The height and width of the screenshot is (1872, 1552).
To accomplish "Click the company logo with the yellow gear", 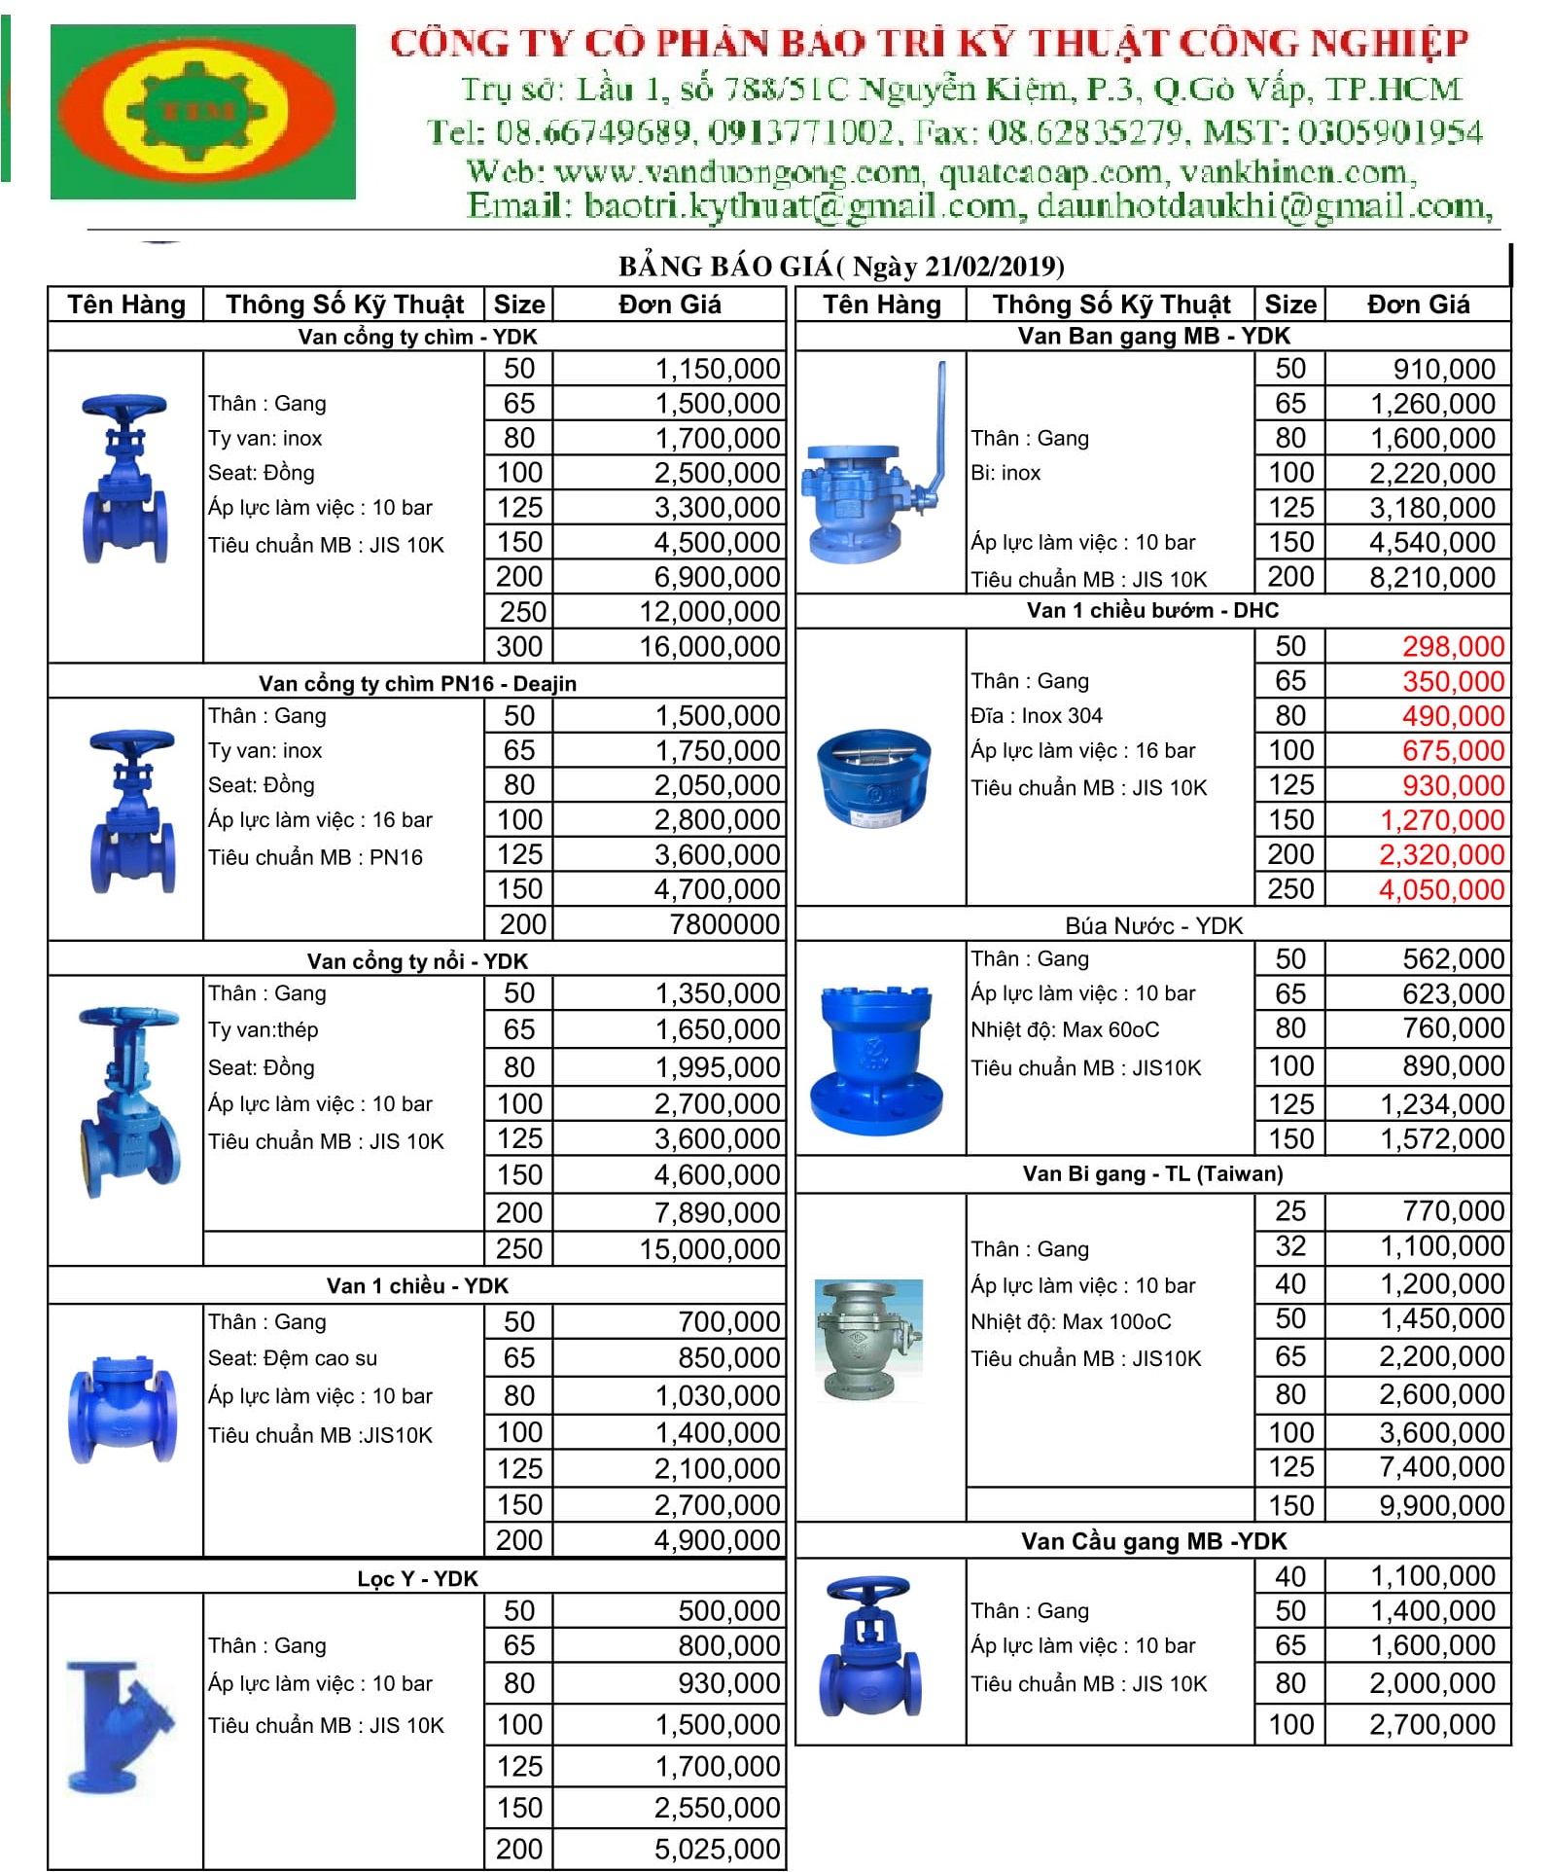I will pyautogui.click(x=202, y=111).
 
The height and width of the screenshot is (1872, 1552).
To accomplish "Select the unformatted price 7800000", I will pyautogui.click(x=724, y=924).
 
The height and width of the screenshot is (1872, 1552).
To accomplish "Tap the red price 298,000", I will pyautogui.click(x=1453, y=647).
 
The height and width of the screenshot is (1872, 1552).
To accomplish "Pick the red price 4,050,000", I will pyautogui.click(x=1441, y=889).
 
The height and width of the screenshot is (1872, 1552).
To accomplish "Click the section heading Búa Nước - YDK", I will pyautogui.click(x=1153, y=925).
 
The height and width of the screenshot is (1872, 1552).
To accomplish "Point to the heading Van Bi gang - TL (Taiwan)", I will pyautogui.click(x=1152, y=1173).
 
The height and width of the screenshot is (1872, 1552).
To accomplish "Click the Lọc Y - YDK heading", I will pyautogui.click(x=417, y=1578).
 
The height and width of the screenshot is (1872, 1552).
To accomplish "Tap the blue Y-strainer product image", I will pyautogui.click(x=119, y=1727).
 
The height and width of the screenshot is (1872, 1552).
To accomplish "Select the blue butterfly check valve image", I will pyautogui.click(x=872, y=779).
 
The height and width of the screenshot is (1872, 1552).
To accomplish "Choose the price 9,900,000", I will pyautogui.click(x=1441, y=1506).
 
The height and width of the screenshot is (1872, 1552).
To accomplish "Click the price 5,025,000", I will pyautogui.click(x=717, y=1849).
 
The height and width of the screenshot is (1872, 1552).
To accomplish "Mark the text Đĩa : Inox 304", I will pyautogui.click(x=1036, y=716).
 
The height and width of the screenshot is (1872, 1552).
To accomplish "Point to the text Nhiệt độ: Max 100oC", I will pyautogui.click(x=1071, y=1321).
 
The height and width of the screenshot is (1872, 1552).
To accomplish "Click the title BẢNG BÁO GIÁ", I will pyautogui.click(x=725, y=267).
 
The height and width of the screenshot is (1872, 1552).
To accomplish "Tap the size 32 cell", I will pyautogui.click(x=1289, y=1246).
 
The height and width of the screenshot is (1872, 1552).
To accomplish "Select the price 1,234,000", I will pyautogui.click(x=1442, y=1104).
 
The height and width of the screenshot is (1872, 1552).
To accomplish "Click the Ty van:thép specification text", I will pyautogui.click(x=263, y=1029).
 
